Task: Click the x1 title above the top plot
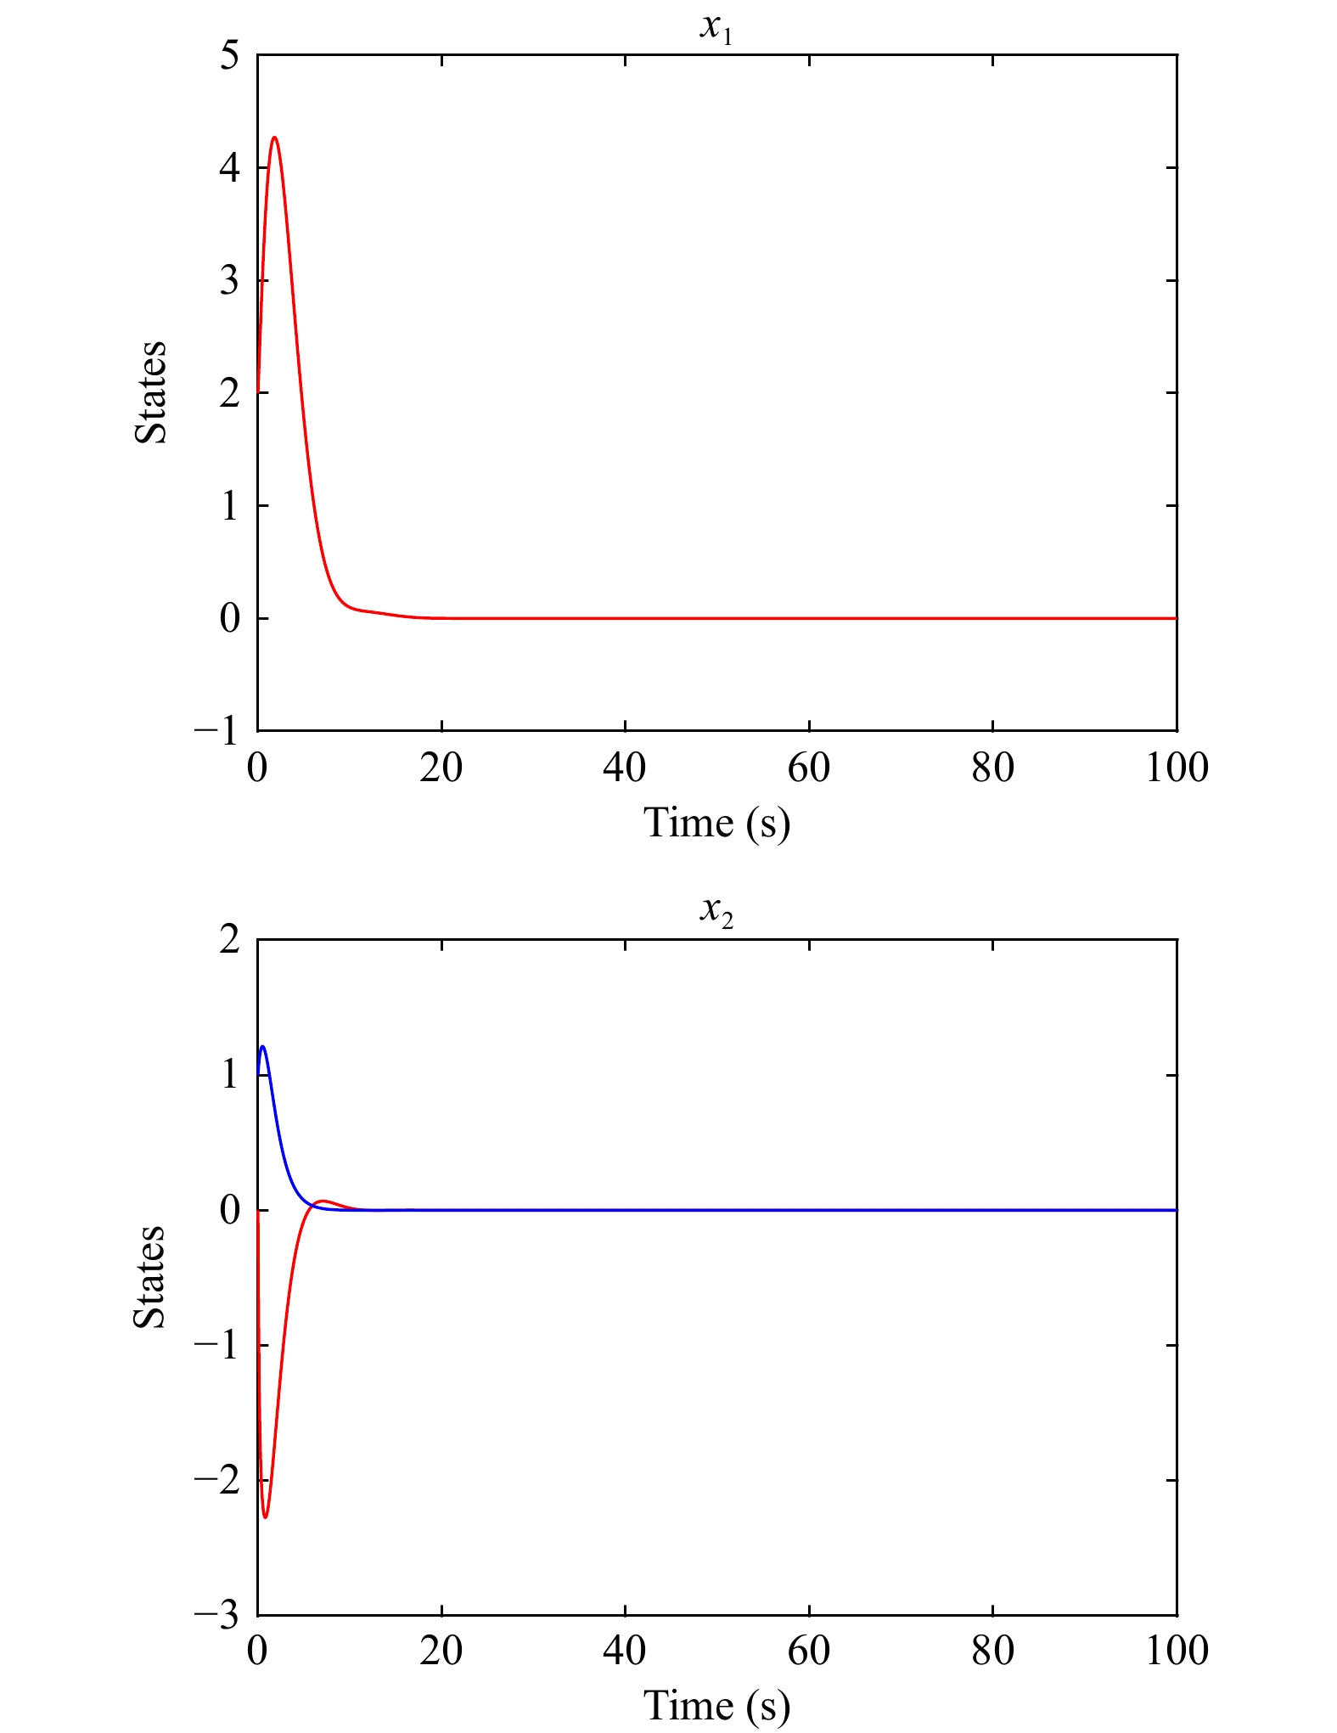tap(716, 27)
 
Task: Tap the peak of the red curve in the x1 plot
tap(274, 138)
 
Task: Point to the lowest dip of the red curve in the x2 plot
tap(266, 1516)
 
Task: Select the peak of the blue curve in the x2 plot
tap(263, 1046)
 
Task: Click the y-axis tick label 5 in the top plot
tap(229, 56)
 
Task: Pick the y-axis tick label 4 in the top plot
tap(229, 168)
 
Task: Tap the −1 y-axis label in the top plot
tap(217, 730)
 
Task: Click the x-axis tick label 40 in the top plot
tap(625, 768)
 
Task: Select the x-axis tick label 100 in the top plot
tap(1177, 768)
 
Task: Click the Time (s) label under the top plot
tap(716, 823)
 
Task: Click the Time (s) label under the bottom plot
tap(716, 1706)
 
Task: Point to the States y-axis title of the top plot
tap(151, 392)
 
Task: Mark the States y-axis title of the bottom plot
tap(150, 1276)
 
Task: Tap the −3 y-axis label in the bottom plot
tap(217, 1614)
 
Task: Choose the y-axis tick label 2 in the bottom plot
tap(229, 940)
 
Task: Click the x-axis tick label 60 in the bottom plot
tap(809, 1651)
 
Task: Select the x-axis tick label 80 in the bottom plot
tap(992, 1651)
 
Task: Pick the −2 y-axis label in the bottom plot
tap(217, 1480)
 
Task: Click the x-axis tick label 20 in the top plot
tap(441, 768)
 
